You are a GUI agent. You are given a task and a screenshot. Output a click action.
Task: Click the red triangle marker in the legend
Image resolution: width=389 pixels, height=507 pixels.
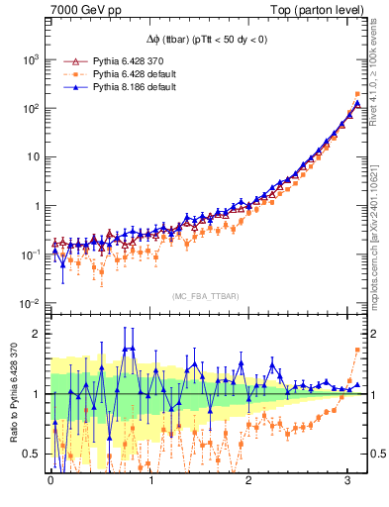(68, 61)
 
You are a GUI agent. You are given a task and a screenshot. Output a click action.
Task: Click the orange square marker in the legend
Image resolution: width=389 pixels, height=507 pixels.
(68, 74)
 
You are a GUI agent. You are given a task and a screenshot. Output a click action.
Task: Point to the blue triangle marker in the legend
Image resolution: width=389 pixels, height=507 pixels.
(68, 87)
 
